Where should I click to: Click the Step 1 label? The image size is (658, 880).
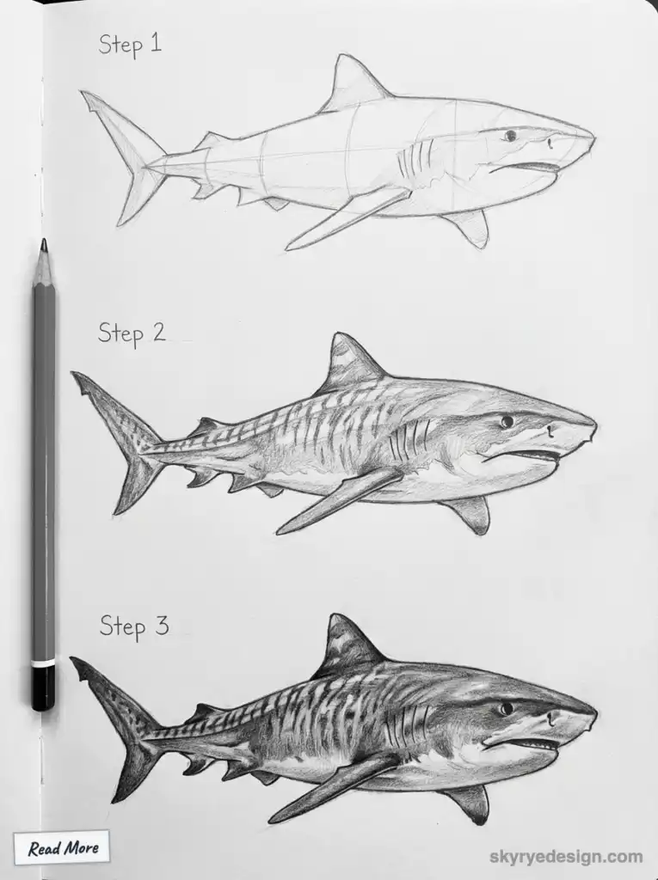[130, 45]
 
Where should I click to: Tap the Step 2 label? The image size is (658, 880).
[132, 333]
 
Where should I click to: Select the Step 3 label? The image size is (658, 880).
[133, 626]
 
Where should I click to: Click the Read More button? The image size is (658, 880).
[62, 848]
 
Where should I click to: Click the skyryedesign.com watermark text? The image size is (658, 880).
[566, 856]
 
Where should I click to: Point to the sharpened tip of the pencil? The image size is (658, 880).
[43, 246]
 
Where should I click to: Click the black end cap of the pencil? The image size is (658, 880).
[43, 687]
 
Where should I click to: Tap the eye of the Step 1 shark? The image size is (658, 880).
[510, 136]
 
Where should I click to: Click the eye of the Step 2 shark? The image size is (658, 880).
[507, 421]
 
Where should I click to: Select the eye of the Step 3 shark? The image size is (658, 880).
[506, 708]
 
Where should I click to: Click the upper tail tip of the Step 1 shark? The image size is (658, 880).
[84, 94]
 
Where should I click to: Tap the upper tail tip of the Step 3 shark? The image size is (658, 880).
[74, 661]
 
